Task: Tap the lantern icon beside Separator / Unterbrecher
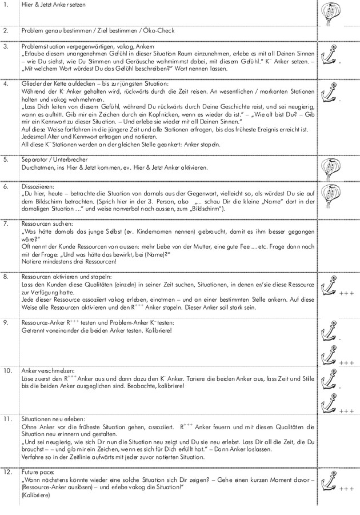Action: click(331, 168)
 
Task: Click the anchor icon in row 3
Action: click(329, 56)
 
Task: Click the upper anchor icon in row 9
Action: click(330, 332)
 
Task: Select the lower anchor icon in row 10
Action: click(330, 402)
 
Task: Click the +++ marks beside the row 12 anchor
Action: click(347, 489)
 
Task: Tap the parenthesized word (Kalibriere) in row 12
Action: click(36, 495)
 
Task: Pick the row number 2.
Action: click(6, 30)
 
